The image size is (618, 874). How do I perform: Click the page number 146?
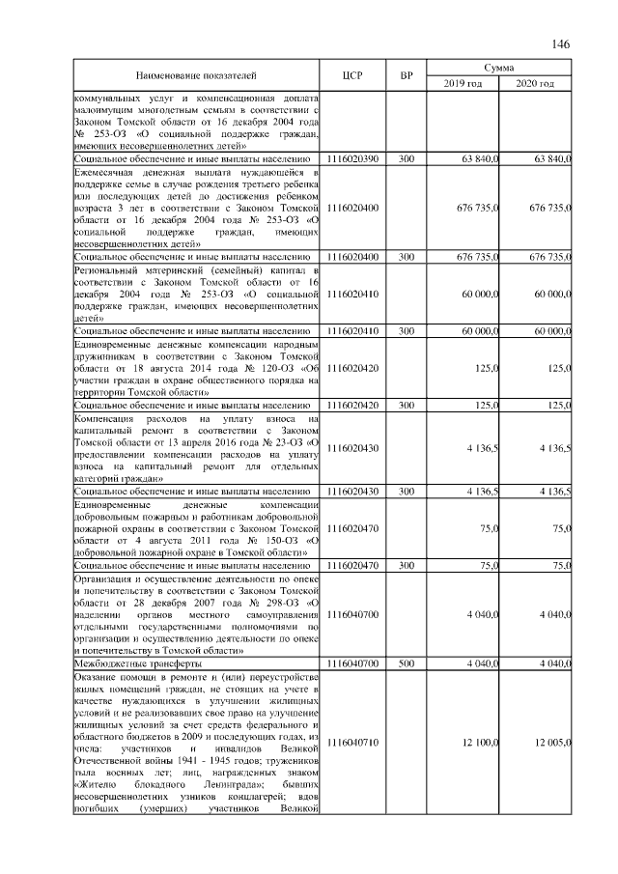point(561,45)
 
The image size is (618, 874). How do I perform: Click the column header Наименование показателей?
point(196,74)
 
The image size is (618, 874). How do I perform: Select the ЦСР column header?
point(352,74)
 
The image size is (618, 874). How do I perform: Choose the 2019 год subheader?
point(463,84)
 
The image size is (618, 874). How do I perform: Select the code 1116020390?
point(352,157)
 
